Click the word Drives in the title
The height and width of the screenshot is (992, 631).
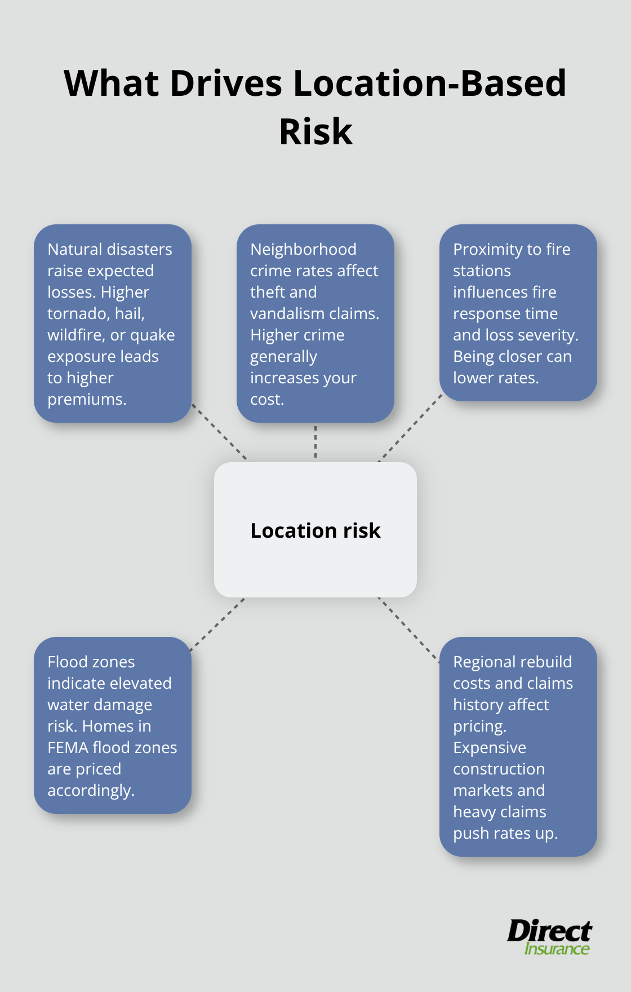225,83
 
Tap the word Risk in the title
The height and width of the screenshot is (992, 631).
315,132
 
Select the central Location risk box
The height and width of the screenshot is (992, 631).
315,530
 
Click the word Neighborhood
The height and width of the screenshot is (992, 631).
303,250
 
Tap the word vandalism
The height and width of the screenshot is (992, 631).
295,314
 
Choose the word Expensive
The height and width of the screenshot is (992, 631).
489,748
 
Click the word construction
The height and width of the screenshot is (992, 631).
499,769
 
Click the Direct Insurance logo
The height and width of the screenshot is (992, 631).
549,937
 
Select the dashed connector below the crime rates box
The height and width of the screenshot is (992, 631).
315,442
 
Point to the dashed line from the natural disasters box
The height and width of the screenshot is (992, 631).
220,432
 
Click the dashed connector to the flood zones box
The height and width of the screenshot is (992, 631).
217,625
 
